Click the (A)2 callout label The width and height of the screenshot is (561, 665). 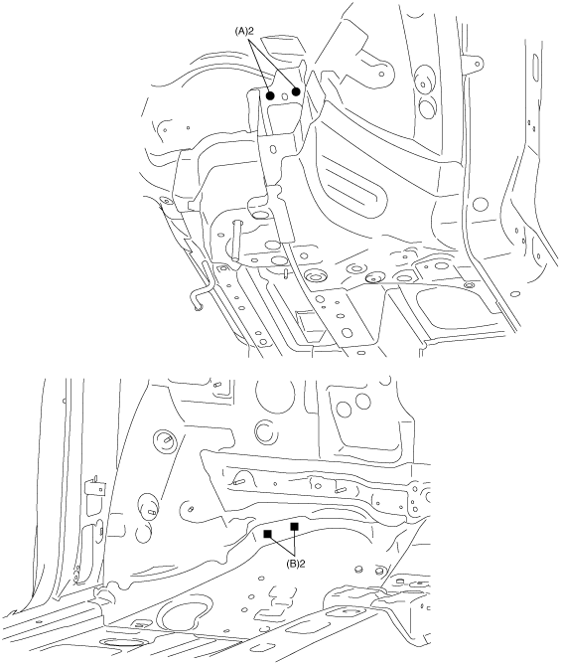click(x=244, y=31)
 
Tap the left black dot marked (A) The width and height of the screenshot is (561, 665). click(x=270, y=95)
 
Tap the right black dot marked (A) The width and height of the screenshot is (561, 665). click(x=296, y=91)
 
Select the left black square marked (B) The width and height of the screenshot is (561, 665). click(x=267, y=534)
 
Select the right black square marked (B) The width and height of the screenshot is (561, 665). click(x=295, y=526)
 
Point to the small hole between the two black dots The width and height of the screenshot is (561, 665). click(x=284, y=96)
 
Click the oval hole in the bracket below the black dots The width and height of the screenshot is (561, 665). click(x=273, y=150)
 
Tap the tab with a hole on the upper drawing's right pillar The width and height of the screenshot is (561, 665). click(x=474, y=64)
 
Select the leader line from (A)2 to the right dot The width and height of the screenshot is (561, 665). click(x=272, y=63)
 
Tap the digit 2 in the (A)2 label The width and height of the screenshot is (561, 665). click(x=251, y=31)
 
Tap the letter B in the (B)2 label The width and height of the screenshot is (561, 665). click(x=293, y=564)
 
